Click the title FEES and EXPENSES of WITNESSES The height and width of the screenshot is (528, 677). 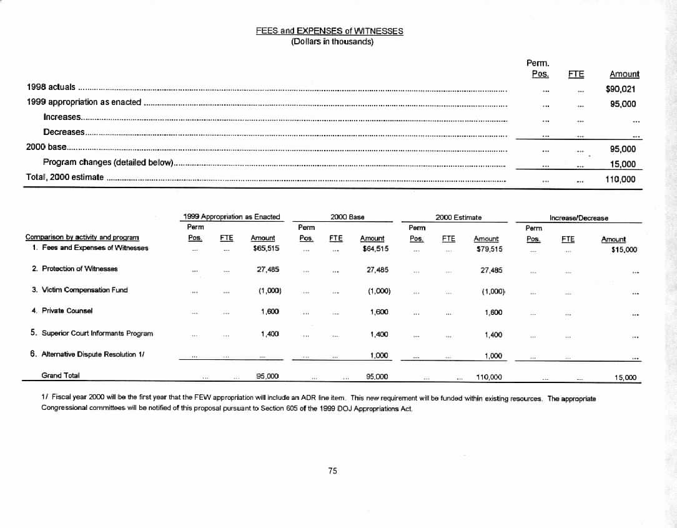329,31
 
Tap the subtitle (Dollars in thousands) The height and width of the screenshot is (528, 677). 332,42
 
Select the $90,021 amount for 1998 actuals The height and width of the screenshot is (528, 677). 621,89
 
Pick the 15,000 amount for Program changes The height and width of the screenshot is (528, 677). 623,164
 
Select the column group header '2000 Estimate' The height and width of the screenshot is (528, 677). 458,217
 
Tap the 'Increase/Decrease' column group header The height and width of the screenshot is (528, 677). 578,218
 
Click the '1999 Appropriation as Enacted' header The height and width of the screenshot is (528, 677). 232,217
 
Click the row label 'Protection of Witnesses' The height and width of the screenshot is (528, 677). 79,269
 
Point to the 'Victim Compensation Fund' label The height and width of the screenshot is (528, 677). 83,290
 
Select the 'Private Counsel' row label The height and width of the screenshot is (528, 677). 67,311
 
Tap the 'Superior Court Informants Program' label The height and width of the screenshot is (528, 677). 97,333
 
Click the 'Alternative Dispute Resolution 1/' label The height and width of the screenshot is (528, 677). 93,354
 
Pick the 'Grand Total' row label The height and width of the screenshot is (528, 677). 60,376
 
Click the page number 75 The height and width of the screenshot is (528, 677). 332,471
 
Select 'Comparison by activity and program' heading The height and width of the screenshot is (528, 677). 82,237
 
